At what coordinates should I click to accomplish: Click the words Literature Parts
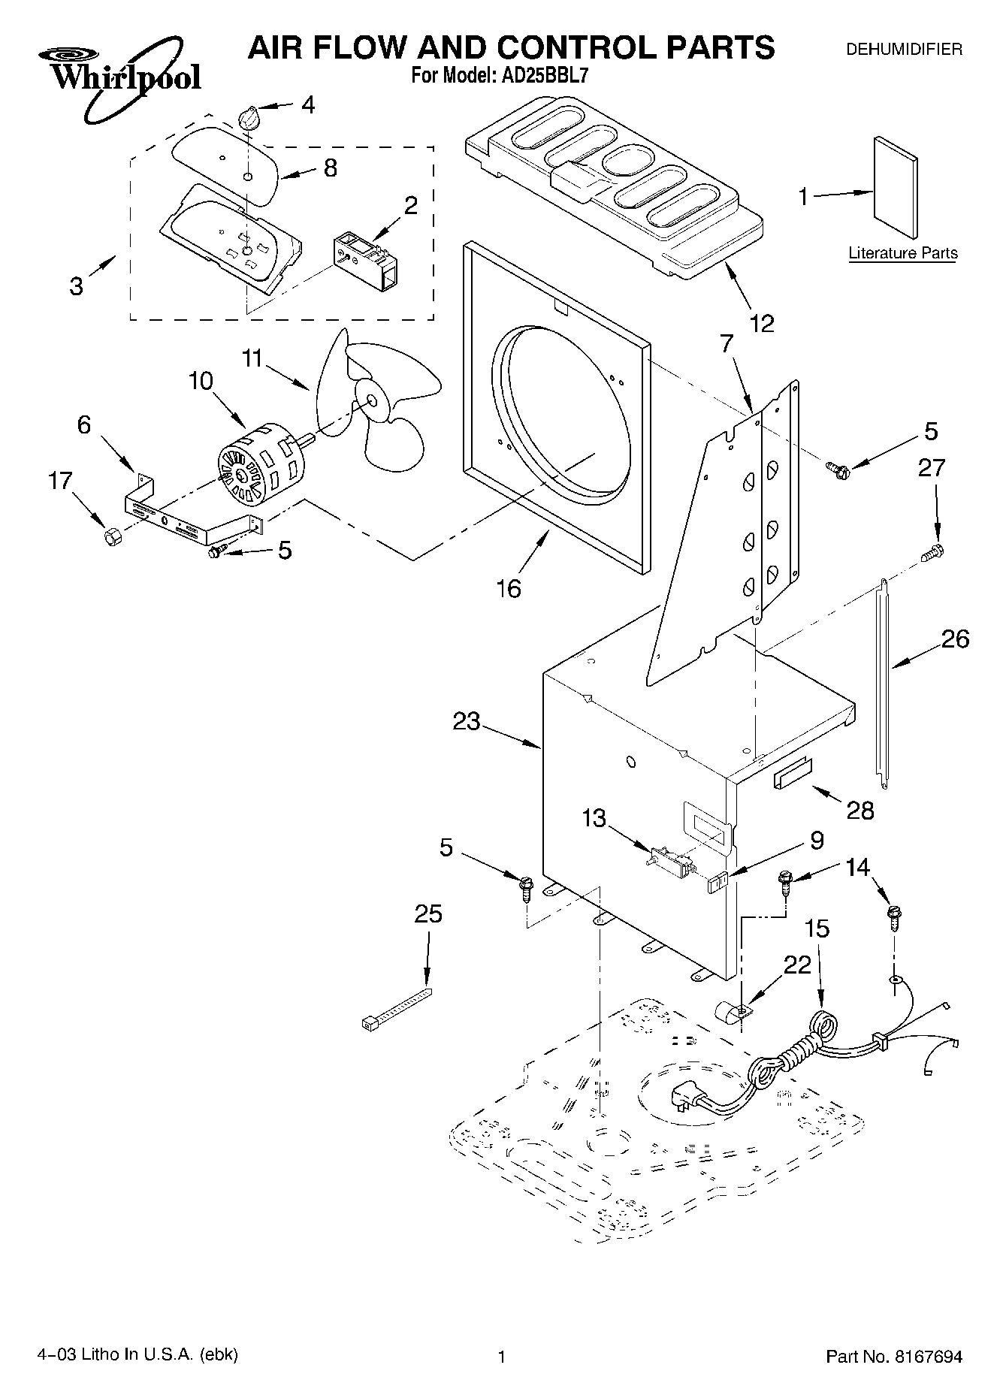coord(902,253)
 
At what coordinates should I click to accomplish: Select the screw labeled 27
coord(932,553)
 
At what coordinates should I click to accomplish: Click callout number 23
coord(467,721)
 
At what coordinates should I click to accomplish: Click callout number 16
coord(509,588)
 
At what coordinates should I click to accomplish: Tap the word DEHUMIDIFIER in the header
coord(904,50)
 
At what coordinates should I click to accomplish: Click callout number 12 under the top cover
coord(761,324)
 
